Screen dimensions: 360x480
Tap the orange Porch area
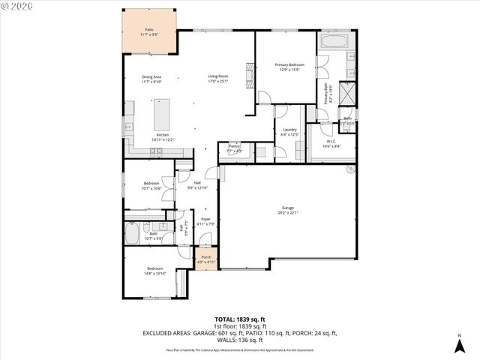206,259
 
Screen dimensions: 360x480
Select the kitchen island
161,115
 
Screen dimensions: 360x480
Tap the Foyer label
205,220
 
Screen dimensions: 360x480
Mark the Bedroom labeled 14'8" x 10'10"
155,271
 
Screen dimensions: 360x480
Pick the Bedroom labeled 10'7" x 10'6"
151,186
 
